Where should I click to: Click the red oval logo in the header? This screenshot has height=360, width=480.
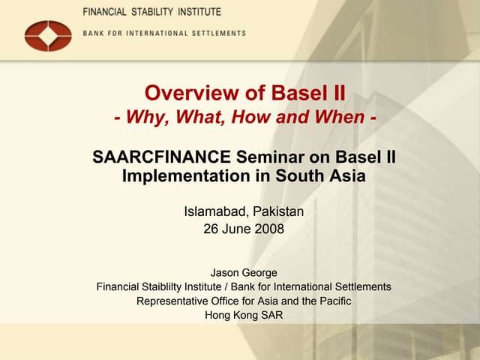[48, 34]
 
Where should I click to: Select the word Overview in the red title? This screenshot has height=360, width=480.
[184, 94]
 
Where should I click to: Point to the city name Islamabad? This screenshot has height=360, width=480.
[217, 212]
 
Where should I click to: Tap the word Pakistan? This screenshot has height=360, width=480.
[279, 212]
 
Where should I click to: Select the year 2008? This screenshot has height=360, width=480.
[268, 229]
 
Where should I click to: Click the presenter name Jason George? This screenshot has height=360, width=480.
[244, 272]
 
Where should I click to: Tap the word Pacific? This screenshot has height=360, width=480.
[333, 301]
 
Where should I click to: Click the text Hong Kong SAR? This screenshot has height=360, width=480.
[244, 315]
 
